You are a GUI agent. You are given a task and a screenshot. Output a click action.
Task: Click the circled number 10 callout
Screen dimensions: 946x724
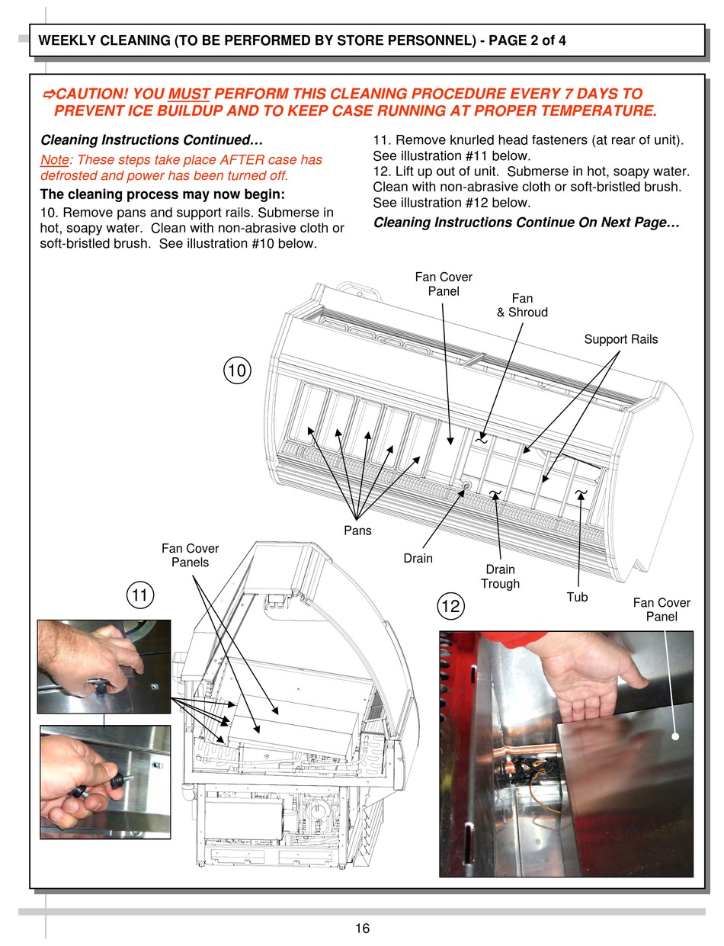click(x=237, y=371)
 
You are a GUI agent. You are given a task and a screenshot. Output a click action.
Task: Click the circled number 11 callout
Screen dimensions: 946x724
click(x=139, y=595)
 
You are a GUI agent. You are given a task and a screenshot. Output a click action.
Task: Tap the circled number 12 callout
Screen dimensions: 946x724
click(x=450, y=606)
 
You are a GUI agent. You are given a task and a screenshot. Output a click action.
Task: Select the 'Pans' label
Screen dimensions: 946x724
click(x=357, y=531)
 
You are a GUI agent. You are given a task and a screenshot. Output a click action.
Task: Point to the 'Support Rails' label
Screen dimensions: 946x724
click(x=620, y=339)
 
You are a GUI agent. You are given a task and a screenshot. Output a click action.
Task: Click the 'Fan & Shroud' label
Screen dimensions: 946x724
click(x=522, y=305)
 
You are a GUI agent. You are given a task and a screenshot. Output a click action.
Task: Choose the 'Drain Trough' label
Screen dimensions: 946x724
click(x=500, y=576)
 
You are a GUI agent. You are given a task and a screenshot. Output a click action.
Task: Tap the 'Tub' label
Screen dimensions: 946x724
click(x=577, y=597)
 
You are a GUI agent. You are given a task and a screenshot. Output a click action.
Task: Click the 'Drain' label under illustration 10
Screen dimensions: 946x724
click(x=418, y=558)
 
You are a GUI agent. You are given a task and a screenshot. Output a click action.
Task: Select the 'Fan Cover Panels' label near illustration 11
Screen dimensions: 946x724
click(x=190, y=555)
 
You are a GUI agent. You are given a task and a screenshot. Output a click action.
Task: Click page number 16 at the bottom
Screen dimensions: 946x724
click(x=362, y=928)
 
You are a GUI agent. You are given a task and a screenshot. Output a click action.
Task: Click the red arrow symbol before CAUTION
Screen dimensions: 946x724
click(x=47, y=94)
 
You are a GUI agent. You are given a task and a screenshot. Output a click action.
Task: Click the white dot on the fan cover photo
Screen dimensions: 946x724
click(x=674, y=736)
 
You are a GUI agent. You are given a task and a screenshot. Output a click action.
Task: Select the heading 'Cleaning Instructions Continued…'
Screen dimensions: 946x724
click(x=151, y=140)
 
